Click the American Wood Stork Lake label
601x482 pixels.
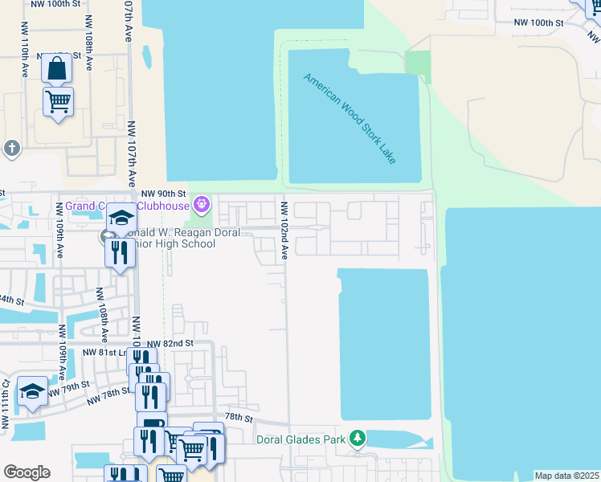[x=350, y=119]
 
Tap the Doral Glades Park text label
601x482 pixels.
[x=300, y=439]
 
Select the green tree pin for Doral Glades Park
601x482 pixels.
[x=357, y=439]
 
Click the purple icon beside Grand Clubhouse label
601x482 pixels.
[x=202, y=204]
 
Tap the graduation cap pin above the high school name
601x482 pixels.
[x=121, y=219]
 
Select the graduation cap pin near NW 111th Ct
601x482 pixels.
[x=32, y=391]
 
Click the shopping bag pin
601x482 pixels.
[x=58, y=70]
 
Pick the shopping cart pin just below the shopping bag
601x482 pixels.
[x=58, y=102]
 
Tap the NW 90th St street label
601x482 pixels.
[x=163, y=194]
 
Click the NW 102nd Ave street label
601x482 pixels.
[x=284, y=230]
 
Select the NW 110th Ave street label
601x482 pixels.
[x=26, y=56]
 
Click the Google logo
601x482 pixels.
[x=27, y=472]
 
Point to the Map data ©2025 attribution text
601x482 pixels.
[x=566, y=476]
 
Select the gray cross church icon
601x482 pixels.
[x=11, y=148]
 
